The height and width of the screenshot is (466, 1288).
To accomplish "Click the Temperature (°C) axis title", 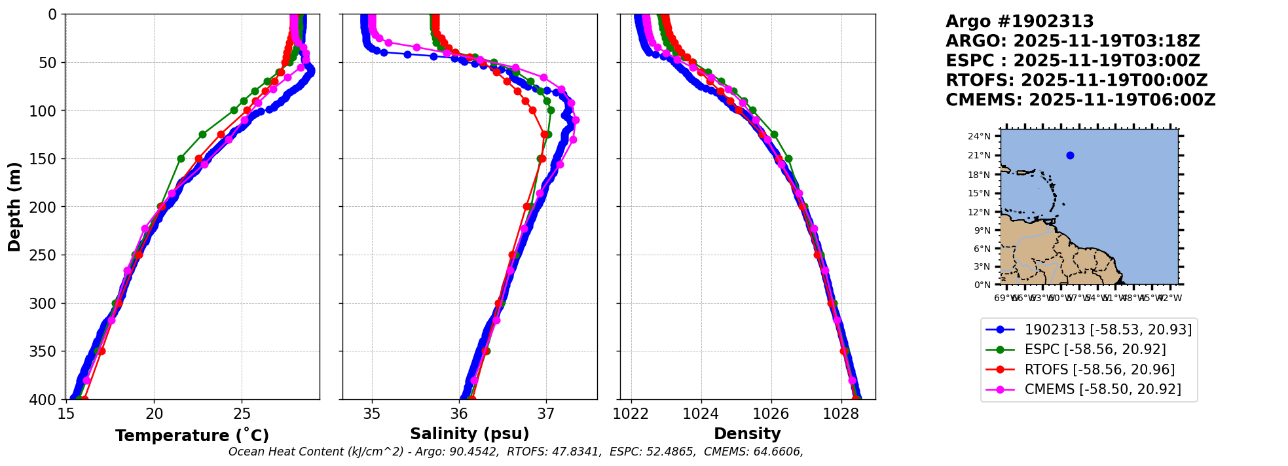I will coord(192,436).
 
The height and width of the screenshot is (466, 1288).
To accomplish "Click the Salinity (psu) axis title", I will coord(469,434).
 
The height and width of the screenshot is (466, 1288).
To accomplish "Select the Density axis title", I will coord(747,434).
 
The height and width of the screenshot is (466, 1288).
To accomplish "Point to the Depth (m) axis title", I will coord(14,207).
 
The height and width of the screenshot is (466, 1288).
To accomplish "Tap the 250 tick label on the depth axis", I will coord(45,255).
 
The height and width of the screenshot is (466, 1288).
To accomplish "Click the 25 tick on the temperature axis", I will coord(242,414).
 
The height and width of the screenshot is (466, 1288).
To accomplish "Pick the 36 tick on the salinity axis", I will coord(459,414).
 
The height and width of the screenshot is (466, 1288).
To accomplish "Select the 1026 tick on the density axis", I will coord(771,414).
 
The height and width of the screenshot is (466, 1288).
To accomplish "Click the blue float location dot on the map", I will coord(1070,155).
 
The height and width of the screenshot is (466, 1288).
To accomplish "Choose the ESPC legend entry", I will coord(1095,349).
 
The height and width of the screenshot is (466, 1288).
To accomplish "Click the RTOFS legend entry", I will coord(1099,370).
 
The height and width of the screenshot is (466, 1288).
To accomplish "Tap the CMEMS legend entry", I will coord(1103,389).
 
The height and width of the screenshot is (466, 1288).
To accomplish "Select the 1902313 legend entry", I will coord(1108,330).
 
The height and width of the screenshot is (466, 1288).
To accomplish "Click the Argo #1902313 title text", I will coord(1020,22).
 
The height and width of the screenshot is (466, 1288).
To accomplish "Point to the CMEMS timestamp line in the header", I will coord(1080,100).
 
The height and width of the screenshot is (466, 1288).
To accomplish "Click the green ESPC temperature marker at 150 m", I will coord(181,158).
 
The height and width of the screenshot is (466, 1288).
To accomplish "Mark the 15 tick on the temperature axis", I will coord(65,414).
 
